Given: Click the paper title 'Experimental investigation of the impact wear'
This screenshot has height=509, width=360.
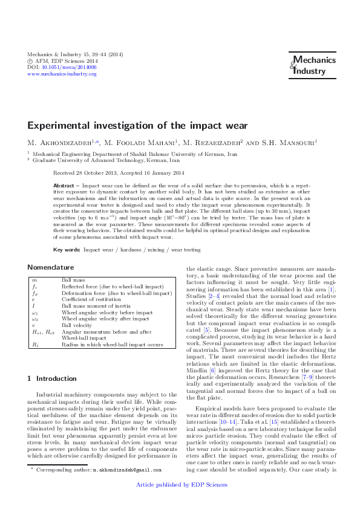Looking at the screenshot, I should click(137, 126).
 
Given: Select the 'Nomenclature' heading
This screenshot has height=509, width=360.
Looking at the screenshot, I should click(54, 267).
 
